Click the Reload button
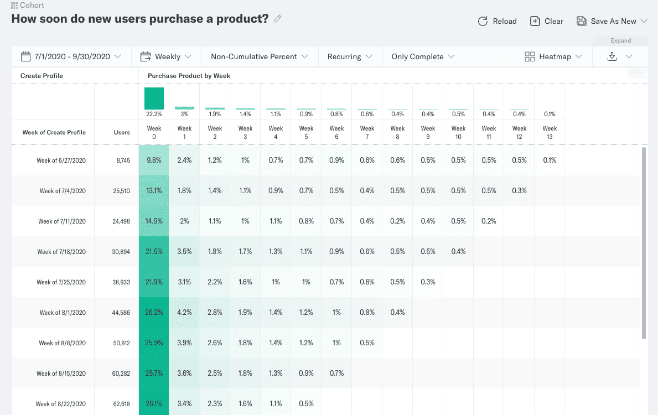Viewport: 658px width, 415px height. tap(497, 21)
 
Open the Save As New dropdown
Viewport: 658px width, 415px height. tap(612, 21)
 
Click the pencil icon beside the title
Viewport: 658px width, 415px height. tap(278, 18)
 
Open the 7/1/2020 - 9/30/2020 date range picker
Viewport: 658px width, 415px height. tap(71, 56)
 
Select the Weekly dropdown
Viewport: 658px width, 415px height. tap(166, 56)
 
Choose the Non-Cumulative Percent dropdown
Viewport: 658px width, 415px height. tap(258, 56)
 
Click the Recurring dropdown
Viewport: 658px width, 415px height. tap(350, 56)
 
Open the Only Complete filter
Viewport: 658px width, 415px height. tap(423, 56)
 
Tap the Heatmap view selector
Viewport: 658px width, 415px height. tap(553, 56)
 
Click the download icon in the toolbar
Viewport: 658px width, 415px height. tap(612, 56)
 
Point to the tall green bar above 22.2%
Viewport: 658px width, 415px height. tap(154, 98)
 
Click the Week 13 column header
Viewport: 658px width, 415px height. tap(550, 132)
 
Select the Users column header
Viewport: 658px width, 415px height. tap(122, 132)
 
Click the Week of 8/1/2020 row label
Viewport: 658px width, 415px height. tap(63, 313)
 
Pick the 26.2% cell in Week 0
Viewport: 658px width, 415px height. tap(154, 313)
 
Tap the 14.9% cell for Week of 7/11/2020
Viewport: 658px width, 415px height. tap(154, 221)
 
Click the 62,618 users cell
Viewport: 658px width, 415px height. tap(121, 404)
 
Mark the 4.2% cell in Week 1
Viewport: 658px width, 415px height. tap(184, 313)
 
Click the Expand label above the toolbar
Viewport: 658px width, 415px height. tap(620, 40)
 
